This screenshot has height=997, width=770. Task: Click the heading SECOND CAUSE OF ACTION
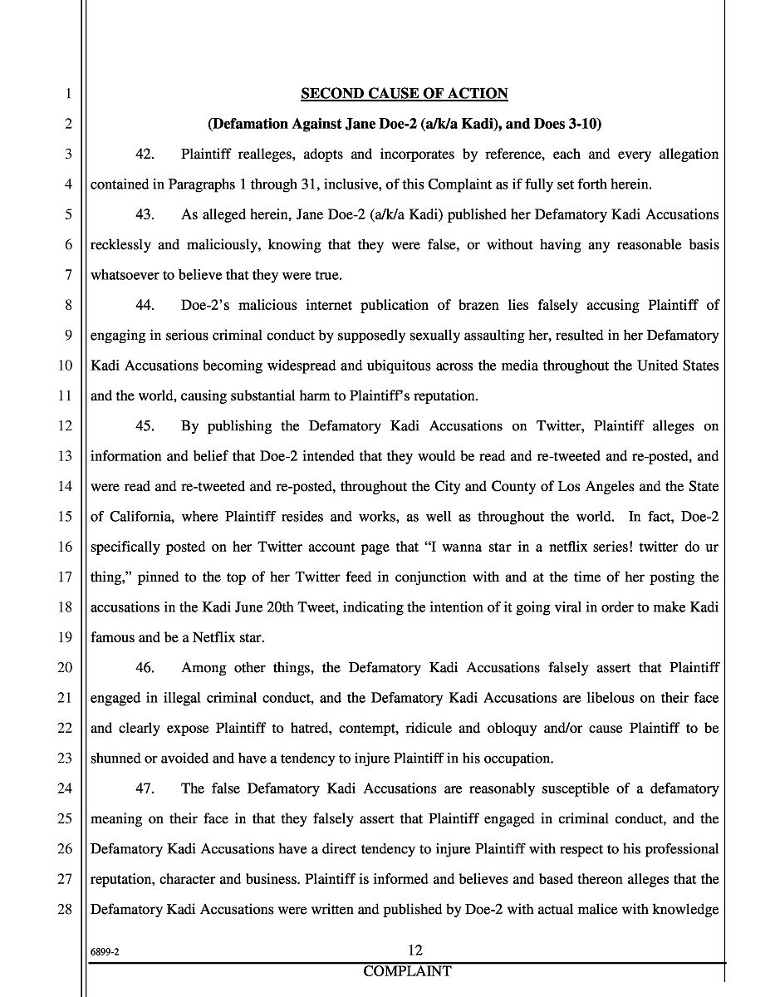pyautogui.click(x=404, y=93)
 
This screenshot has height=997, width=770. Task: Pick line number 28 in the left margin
pyautogui.click(x=65, y=910)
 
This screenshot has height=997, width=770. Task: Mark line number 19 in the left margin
pyautogui.click(x=65, y=638)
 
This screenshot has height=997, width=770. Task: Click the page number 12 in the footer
pyautogui.click(x=415, y=950)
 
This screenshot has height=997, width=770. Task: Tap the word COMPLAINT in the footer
pyautogui.click(x=407, y=971)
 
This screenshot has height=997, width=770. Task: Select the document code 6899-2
pyautogui.click(x=105, y=954)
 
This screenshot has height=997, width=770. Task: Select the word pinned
pyautogui.click(x=159, y=577)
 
